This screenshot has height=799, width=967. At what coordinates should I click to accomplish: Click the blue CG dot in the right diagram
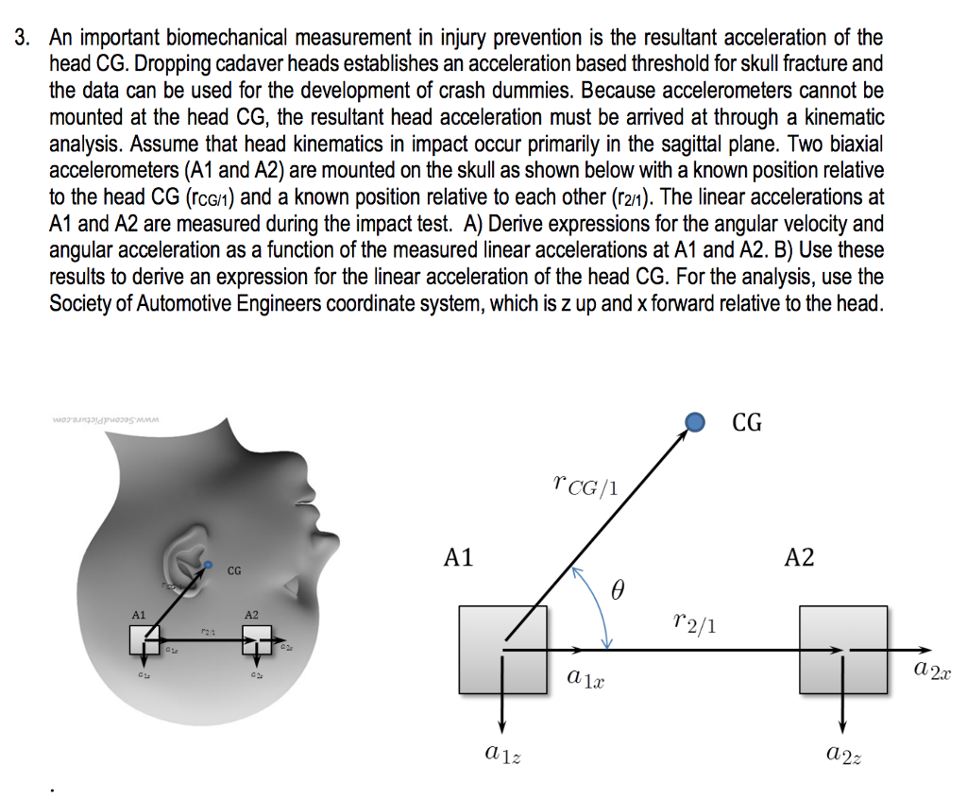(x=695, y=421)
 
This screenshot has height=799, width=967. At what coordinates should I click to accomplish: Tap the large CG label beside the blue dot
(x=747, y=421)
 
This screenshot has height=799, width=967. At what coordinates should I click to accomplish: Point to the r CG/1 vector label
(x=586, y=485)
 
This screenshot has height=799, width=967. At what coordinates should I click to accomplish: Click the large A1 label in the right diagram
(x=459, y=556)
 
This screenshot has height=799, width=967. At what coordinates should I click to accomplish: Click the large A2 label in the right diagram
(x=799, y=556)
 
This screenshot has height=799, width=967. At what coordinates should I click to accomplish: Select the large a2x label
(x=932, y=671)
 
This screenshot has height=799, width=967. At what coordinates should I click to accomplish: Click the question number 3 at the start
(x=22, y=39)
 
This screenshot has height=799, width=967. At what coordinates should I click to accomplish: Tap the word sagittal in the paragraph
(x=690, y=144)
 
